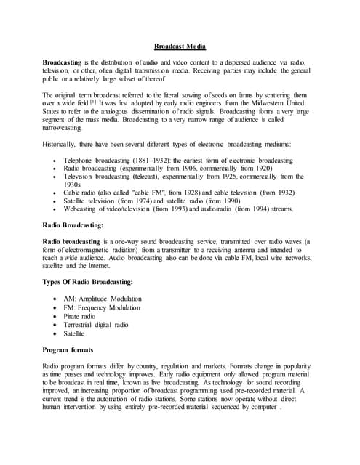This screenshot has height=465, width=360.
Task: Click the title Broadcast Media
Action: click(180, 46)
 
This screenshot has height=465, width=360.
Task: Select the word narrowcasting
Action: click(64, 127)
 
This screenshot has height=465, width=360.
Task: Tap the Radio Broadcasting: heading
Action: click(72, 225)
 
